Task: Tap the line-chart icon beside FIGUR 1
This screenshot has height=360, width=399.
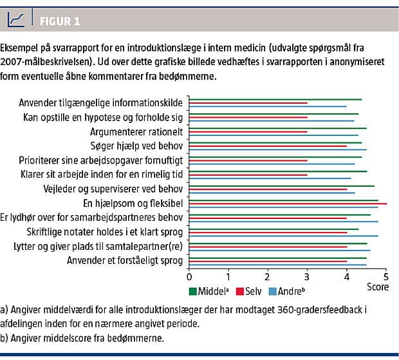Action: tap(17, 21)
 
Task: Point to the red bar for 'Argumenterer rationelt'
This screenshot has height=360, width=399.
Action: tap(248, 131)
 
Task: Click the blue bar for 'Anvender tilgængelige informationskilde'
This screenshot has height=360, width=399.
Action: tap(268, 106)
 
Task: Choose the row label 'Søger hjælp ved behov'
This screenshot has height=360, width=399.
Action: tap(135, 145)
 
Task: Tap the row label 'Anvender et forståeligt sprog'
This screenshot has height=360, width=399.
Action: tap(127, 260)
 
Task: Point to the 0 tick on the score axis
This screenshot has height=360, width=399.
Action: tap(189, 276)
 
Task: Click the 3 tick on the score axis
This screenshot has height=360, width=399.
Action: tap(308, 276)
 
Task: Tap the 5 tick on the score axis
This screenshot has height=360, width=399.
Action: tap(387, 276)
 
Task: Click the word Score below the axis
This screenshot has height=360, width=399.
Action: tap(378, 287)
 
